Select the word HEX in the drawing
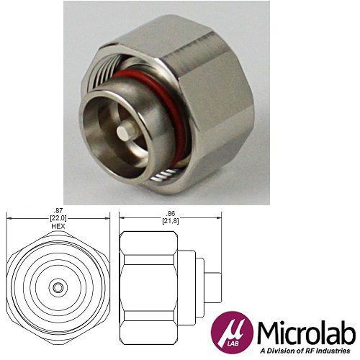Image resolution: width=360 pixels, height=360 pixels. (x=58, y=225)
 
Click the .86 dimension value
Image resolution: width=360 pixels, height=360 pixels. (x=170, y=214)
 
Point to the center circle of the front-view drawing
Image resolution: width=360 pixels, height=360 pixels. (x=57, y=287)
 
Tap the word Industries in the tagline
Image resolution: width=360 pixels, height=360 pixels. (x=336, y=351)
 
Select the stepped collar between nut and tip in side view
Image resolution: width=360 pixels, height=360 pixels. (x=189, y=287)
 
